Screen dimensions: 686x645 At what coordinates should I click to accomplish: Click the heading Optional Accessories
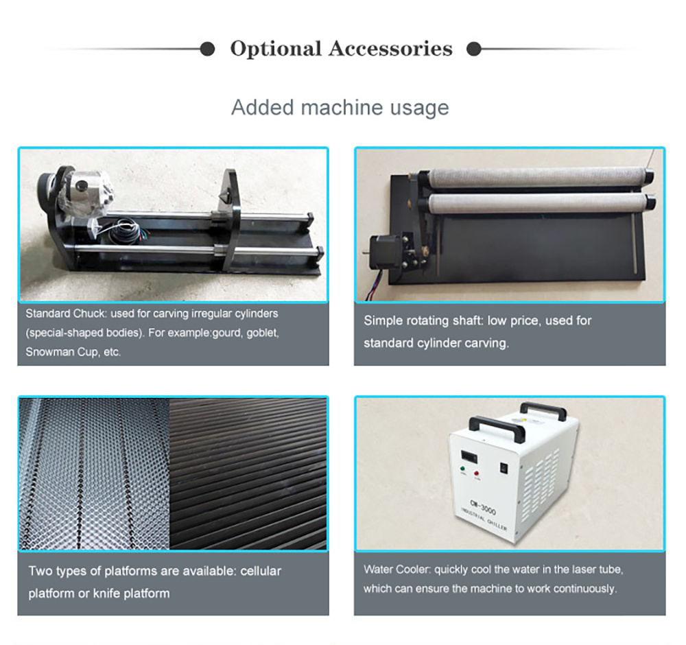click(341, 49)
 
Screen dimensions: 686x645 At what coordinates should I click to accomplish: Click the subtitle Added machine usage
click(340, 108)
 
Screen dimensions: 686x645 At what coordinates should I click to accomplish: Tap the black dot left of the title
click(207, 49)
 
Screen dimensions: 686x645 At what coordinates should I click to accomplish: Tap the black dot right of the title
click(474, 49)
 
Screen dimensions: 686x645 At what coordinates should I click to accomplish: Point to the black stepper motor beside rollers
click(384, 253)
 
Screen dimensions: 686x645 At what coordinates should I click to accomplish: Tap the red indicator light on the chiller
click(477, 473)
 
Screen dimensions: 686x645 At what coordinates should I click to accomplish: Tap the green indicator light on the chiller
click(463, 469)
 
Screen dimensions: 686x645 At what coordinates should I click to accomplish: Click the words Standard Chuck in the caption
click(66, 314)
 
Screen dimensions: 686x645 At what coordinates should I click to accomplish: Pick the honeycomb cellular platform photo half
click(95, 473)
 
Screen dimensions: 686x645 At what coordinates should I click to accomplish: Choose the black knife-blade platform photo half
click(248, 473)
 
